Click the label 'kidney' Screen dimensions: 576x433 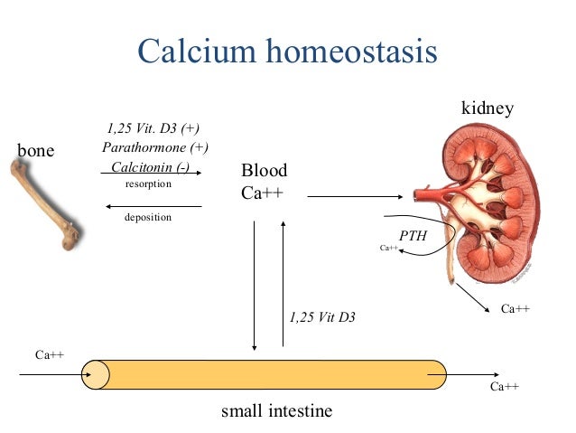pos(488,109)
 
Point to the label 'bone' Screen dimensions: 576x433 pos(36,150)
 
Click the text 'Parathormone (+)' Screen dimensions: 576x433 pos(155,147)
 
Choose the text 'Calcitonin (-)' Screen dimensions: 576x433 pos(150,167)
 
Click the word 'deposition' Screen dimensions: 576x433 pos(148,217)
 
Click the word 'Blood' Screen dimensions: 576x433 pos(264,171)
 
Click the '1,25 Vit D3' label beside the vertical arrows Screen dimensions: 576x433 pos(322,317)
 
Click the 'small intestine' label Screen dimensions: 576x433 pos(277,411)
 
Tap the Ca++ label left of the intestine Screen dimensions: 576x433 pos(49,354)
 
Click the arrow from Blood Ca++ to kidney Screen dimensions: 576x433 pos(361,194)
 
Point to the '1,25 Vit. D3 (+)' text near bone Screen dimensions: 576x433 pos(153,127)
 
